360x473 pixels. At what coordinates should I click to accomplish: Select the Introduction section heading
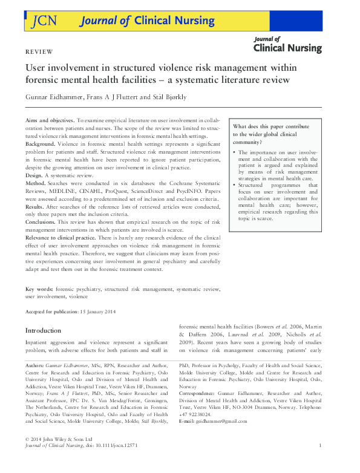coord(43,331)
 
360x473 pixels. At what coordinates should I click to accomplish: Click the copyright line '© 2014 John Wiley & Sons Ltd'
coord(58,455)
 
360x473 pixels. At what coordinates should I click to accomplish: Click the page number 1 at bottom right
coord(320,462)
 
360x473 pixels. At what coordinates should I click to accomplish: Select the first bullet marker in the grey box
coord(235,153)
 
